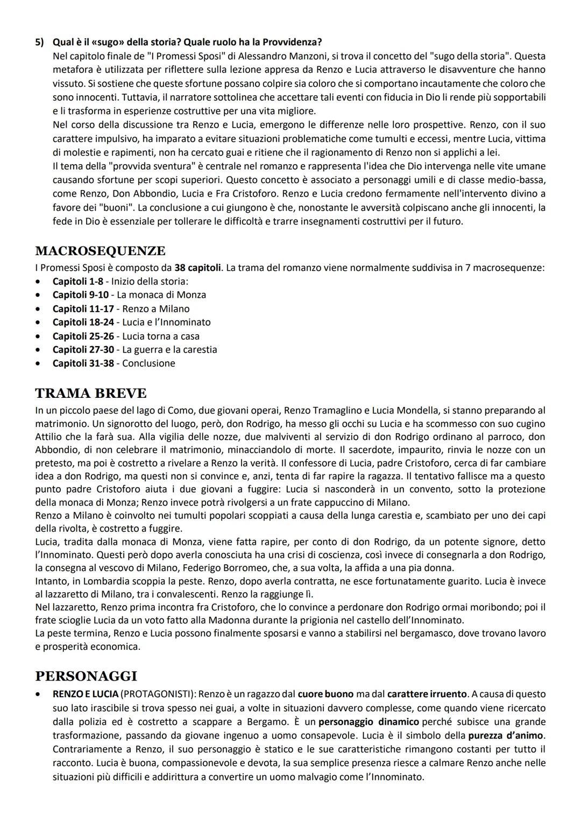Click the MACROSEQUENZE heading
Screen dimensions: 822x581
[x=100, y=251]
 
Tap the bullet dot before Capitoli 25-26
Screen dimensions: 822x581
[x=37, y=336]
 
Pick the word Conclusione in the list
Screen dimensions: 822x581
[x=148, y=363]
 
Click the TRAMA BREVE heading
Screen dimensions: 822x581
[x=90, y=393]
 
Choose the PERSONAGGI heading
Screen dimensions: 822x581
[x=86, y=676]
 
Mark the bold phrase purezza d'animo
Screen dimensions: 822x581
[x=506, y=735]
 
